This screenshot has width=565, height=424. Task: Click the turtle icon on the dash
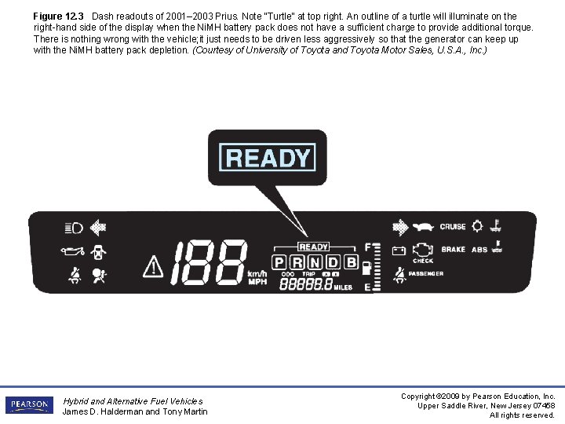click(425, 228)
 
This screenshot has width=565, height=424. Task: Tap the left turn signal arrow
click(98, 228)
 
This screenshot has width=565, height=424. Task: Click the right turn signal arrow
click(400, 228)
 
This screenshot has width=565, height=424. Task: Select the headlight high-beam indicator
click(75, 228)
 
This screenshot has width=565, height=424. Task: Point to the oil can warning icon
click(72, 252)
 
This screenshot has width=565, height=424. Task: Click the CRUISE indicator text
click(453, 227)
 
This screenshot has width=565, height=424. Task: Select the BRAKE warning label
click(453, 250)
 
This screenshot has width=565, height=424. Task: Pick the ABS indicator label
click(479, 250)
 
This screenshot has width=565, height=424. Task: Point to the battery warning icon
click(399, 250)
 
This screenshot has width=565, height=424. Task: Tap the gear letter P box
click(279, 261)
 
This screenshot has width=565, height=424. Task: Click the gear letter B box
click(351, 261)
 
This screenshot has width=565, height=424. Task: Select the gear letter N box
click(315, 261)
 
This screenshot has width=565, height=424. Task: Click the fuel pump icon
click(366, 267)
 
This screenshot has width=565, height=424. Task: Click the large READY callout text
click(268, 158)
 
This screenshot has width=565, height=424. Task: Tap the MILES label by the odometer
click(344, 287)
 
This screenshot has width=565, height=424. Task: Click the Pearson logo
click(29, 404)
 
